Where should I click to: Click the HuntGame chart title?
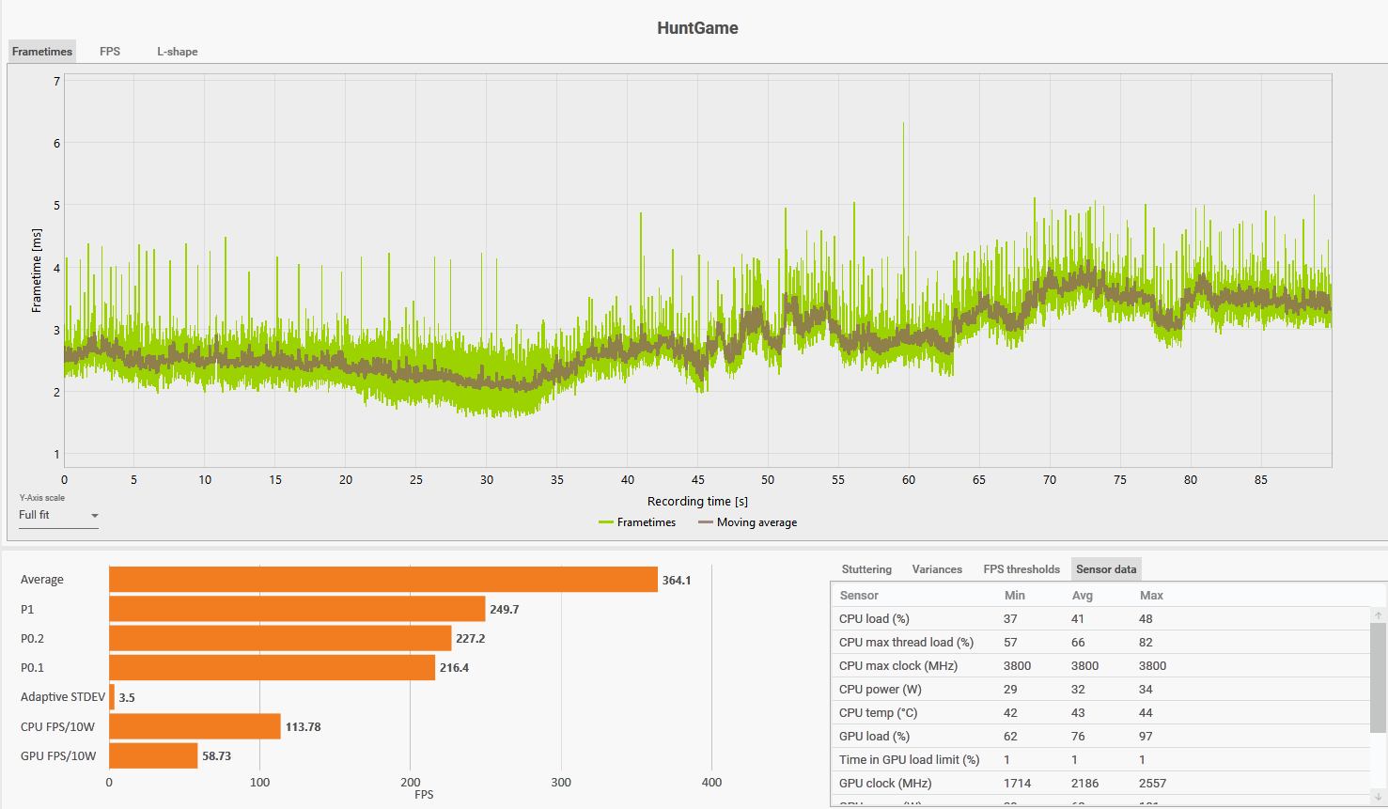(697, 28)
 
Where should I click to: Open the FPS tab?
(110, 52)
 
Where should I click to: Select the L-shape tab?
(177, 52)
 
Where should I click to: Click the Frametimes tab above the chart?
(42, 52)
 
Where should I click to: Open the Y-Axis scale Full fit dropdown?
(58, 516)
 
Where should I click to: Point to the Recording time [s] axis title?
(697, 502)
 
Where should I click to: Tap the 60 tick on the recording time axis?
(909, 480)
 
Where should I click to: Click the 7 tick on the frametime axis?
(56, 82)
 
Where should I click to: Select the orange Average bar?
(382, 580)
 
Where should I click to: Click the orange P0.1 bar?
(272, 668)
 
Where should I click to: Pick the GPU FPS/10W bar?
(153, 755)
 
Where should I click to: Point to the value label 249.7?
(505, 610)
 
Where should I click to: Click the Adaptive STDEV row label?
(63, 697)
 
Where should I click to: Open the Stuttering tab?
(866, 569)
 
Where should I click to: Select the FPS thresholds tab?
(1022, 569)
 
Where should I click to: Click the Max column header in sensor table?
(1151, 596)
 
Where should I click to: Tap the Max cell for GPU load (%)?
(1146, 737)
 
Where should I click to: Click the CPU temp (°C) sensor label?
(878, 713)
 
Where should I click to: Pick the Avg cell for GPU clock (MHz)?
(1084, 784)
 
